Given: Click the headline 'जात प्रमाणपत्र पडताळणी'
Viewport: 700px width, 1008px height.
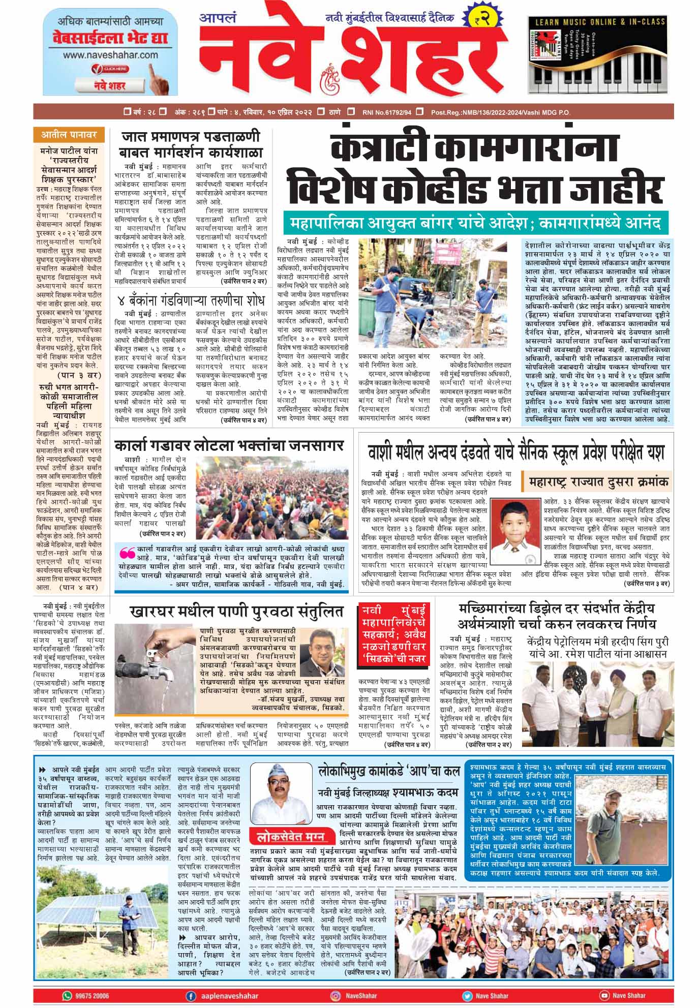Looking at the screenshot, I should pos(190,137).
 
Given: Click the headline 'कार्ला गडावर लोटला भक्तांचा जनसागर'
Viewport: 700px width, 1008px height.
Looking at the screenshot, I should pos(229,446).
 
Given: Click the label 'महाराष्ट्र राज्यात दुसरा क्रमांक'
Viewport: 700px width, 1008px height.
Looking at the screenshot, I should pos(598,481).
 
